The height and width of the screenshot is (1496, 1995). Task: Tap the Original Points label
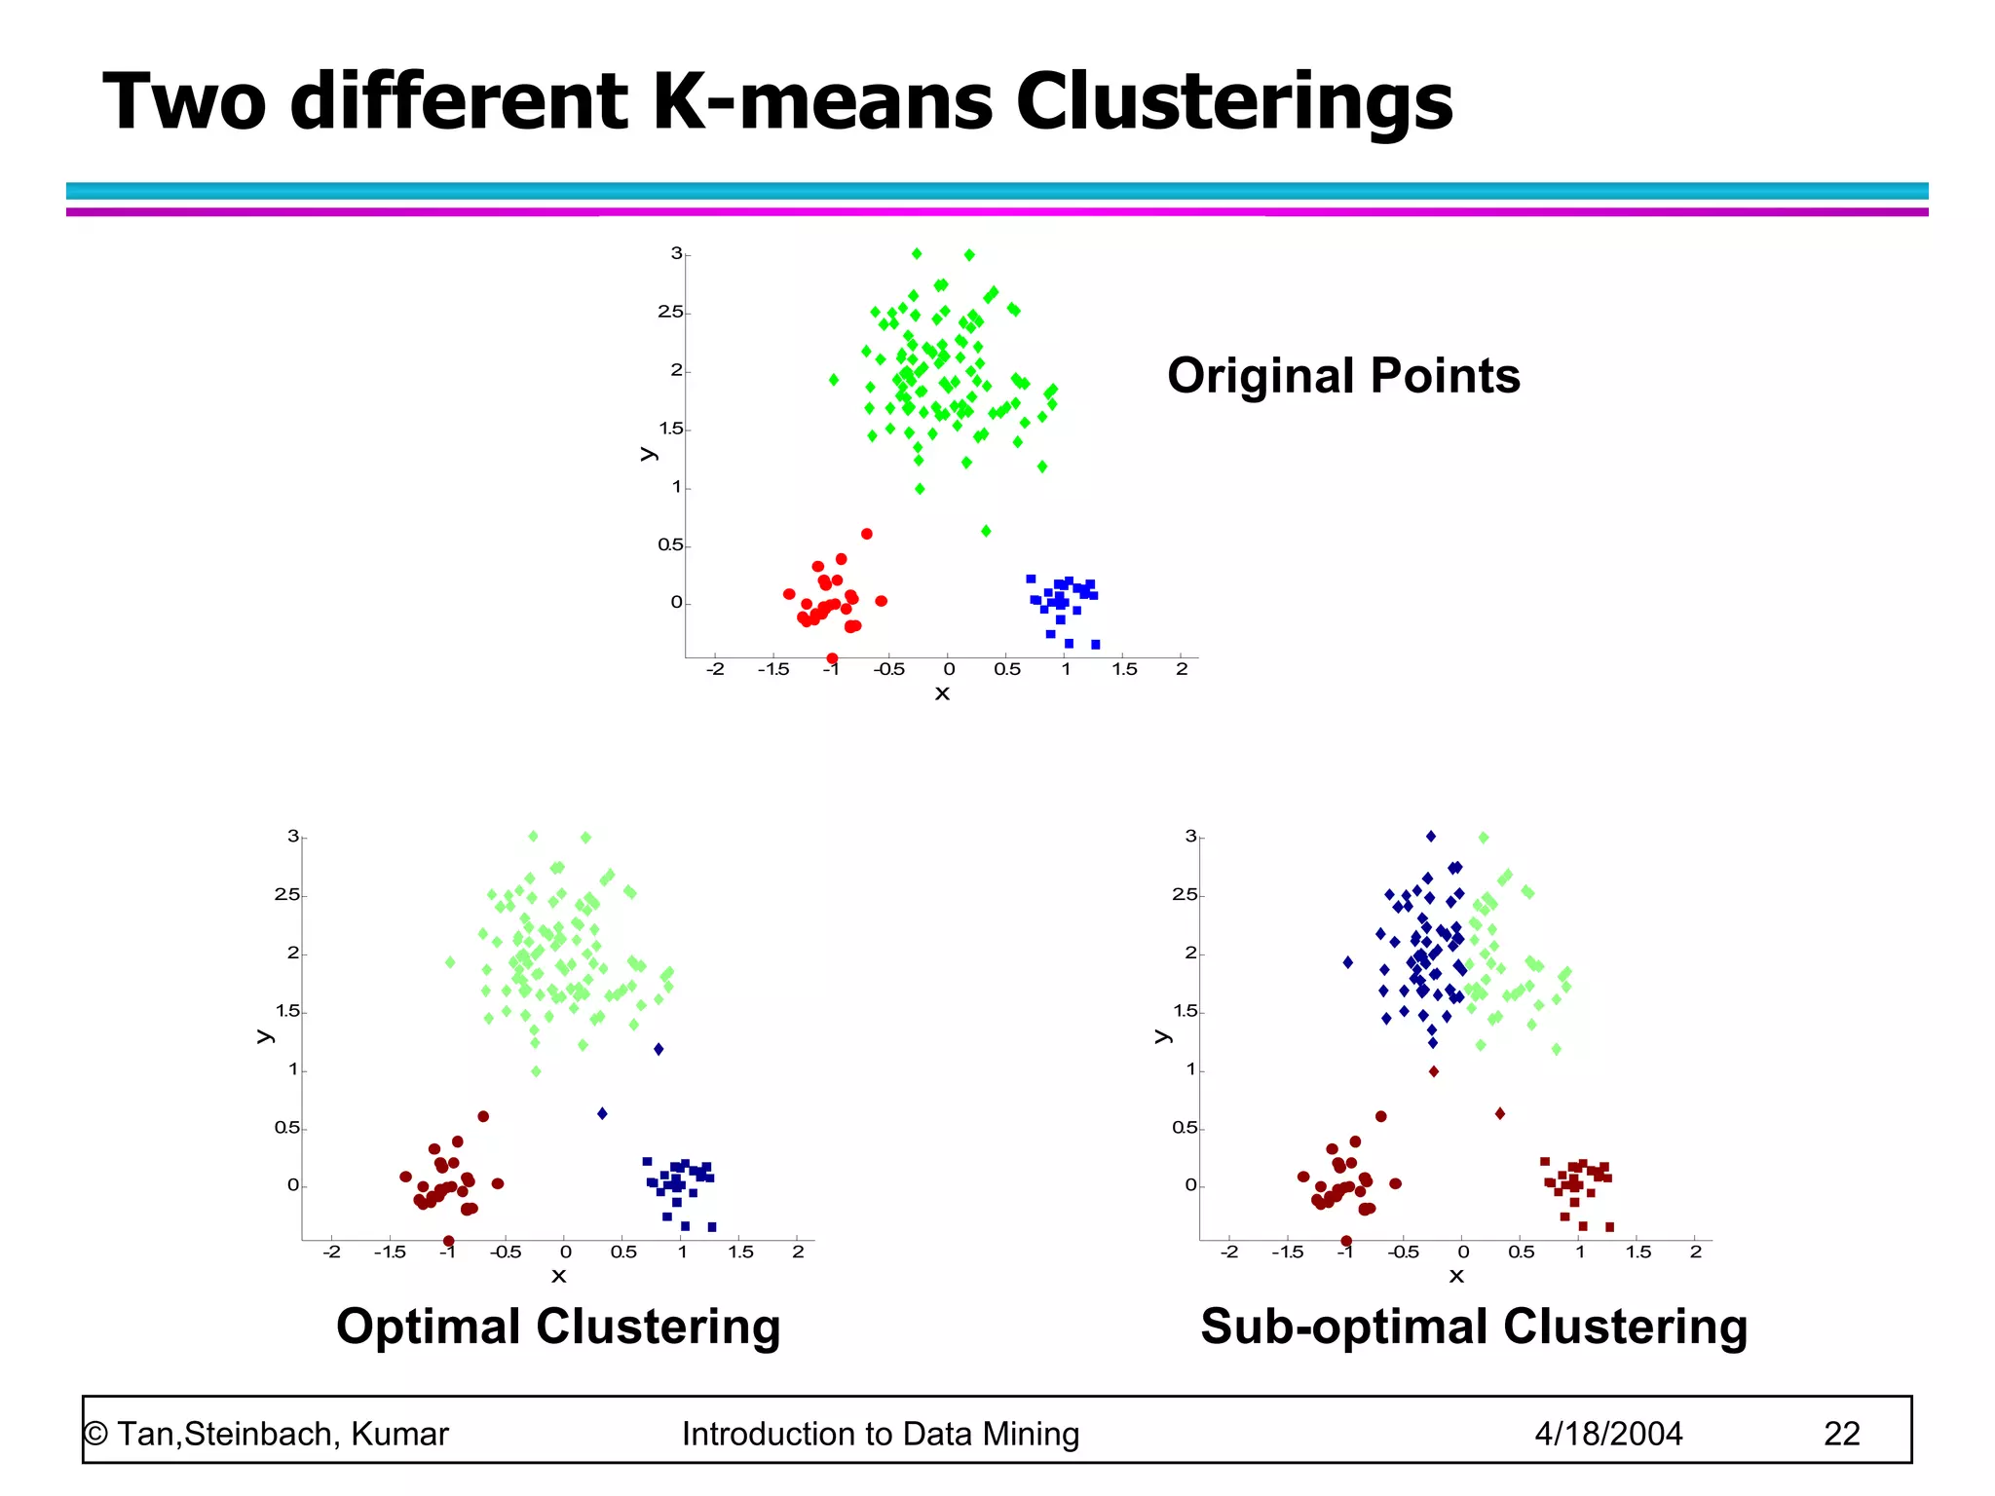click(x=1343, y=376)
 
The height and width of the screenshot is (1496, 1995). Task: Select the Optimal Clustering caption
click(x=558, y=1327)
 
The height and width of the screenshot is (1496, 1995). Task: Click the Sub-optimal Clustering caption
click(x=1474, y=1327)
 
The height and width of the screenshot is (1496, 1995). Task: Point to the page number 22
click(x=1841, y=1434)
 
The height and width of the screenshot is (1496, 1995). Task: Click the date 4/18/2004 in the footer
click(x=1608, y=1434)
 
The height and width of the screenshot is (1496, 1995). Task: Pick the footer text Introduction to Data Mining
click(x=881, y=1434)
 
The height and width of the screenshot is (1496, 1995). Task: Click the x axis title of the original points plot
click(x=942, y=693)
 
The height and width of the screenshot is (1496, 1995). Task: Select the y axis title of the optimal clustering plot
click(x=264, y=1036)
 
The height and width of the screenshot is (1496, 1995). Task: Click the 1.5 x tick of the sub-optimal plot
click(x=1638, y=1253)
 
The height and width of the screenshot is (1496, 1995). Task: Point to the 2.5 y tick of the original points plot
click(x=670, y=313)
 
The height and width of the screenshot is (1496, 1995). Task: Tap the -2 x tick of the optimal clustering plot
click(x=332, y=1253)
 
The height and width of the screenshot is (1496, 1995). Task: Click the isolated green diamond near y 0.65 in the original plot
click(x=986, y=531)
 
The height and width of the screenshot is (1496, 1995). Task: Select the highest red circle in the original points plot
click(x=867, y=534)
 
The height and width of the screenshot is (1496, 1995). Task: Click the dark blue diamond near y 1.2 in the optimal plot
click(x=659, y=1049)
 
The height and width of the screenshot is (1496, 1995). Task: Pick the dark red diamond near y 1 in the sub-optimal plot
click(x=1434, y=1071)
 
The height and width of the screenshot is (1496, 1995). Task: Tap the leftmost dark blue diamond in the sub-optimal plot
click(x=1348, y=962)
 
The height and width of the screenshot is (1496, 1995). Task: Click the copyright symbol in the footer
click(x=95, y=1434)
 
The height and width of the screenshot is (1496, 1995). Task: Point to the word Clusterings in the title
click(x=1234, y=101)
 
